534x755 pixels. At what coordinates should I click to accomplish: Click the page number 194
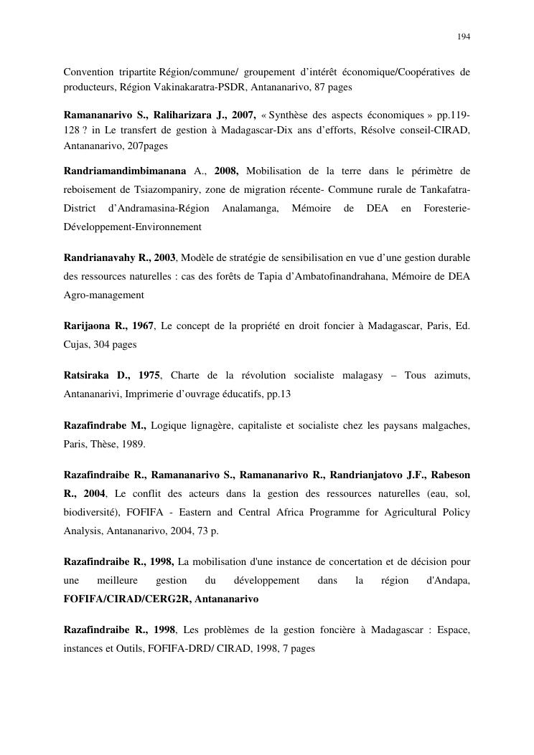tap(464, 36)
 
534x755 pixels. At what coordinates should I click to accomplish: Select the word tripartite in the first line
tap(134, 72)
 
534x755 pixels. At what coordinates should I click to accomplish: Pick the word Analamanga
tap(249, 208)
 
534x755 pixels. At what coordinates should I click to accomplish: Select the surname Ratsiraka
tap(87, 376)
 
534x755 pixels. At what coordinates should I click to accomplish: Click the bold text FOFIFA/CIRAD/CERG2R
tap(124, 598)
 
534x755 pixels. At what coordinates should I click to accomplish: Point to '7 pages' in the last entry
tap(297, 648)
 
